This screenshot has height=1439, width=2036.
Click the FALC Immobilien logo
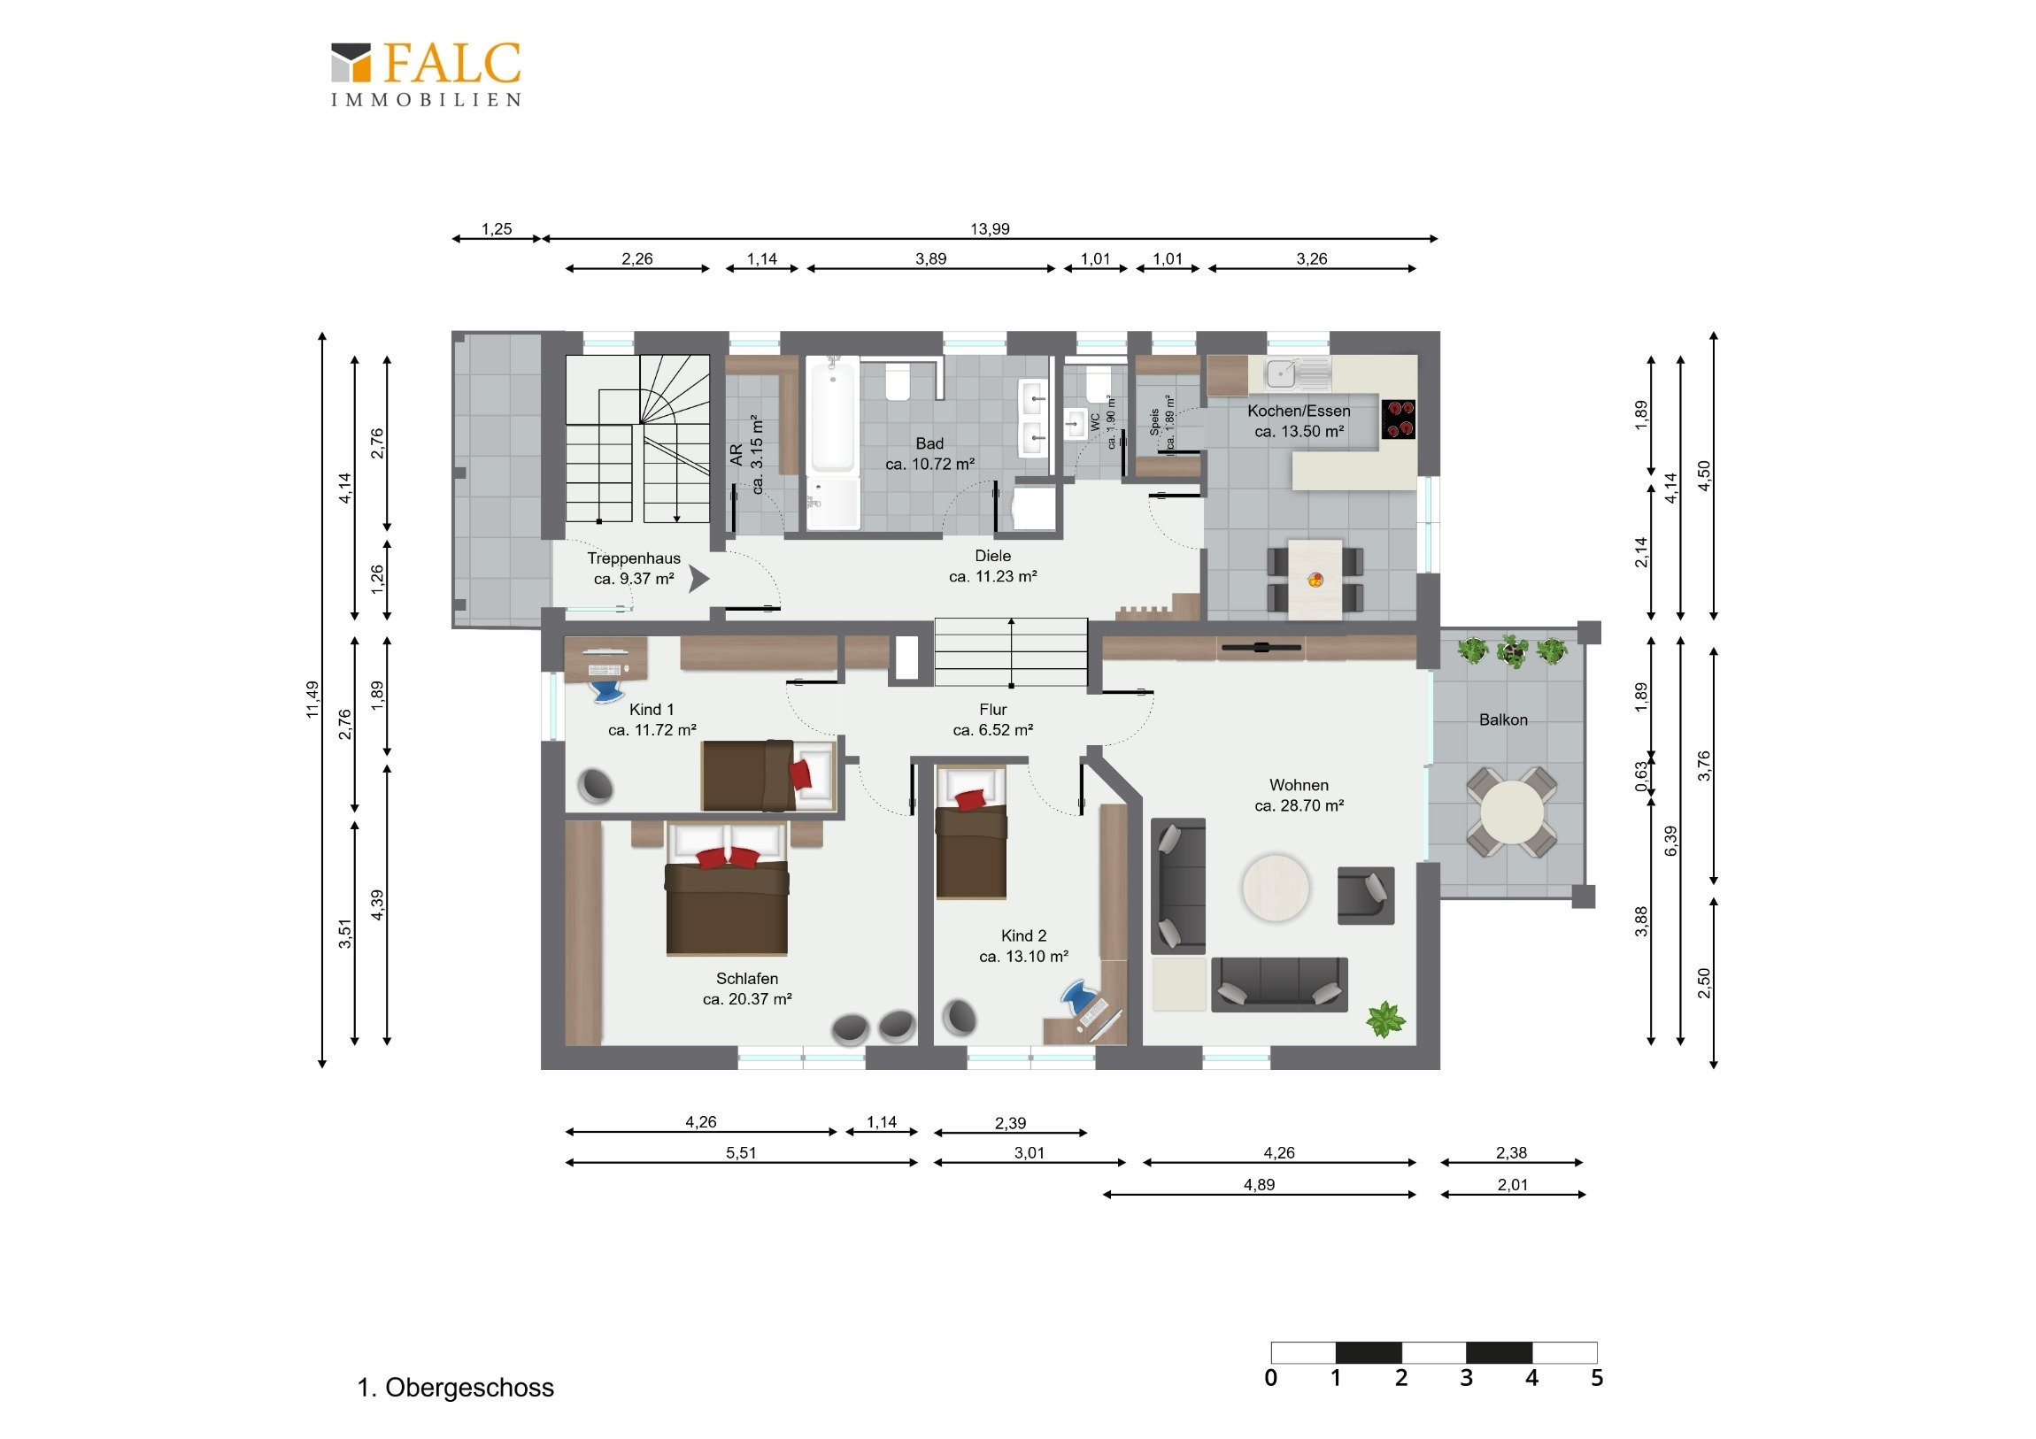click(x=426, y=74)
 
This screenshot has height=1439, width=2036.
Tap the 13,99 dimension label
click(x=990, y=228)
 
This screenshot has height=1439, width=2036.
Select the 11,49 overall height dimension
click(x=312, y=699)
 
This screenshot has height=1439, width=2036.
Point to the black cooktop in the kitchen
click(x=1399, y=419)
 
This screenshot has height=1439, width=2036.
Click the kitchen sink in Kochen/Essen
click(x=1297, y=373)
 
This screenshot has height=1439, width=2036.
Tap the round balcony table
click(x=1512, y=812)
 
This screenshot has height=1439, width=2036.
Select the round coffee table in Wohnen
click(x=1276, y=888)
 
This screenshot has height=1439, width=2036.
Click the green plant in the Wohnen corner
click(x=1385, y=1019)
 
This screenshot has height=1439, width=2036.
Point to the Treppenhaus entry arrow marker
click(x=698, y=579)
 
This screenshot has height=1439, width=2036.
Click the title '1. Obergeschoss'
click(x=455, y=1388)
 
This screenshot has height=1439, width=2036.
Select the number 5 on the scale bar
click(x=1597, y=1378)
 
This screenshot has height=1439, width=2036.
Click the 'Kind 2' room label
click(x=1023, y=935)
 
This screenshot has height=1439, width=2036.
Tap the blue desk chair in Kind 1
click(x=606, y=688)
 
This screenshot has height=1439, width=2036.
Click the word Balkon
click(x=1503, y=720)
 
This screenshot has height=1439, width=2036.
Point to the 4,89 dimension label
click(x=1259, y=1184)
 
